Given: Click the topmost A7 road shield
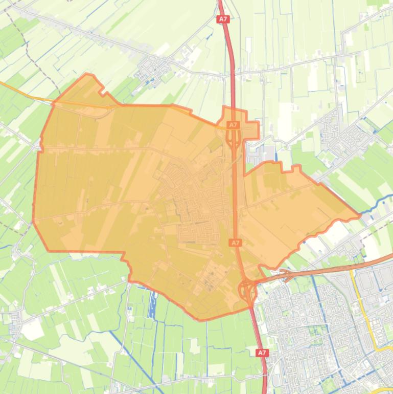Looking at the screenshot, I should [223, 19].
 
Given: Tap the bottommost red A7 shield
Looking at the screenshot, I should [262, 353].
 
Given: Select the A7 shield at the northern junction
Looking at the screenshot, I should [233, 125].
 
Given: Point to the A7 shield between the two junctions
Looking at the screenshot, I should [235, 243].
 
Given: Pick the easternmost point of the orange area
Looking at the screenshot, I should [360, 216].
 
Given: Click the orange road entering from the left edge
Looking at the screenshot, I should [20, 91].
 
